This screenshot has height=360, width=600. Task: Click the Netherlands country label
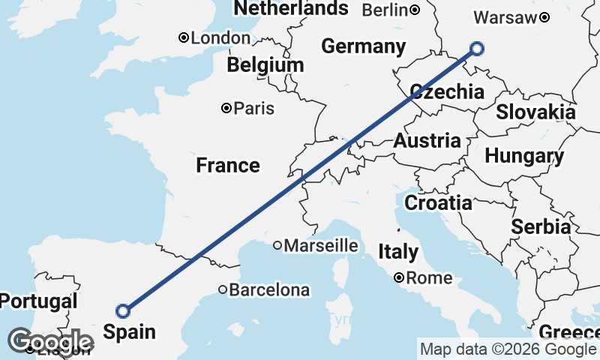pos(291,8)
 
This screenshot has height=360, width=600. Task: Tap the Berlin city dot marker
pos(415,10)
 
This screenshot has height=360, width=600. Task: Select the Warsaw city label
pos(506,17)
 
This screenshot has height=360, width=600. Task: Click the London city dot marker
pos(183,38)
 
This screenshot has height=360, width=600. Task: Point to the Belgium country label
pos(265,65)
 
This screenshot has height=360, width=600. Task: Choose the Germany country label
pos(363,46)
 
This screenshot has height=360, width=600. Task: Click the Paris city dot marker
pos(226,109)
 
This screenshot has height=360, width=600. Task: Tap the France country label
pos(228,165)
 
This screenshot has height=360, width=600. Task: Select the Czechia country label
pos(446,92)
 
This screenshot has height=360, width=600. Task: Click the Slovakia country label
pos(535,112)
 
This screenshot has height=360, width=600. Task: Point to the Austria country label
pos(427,141)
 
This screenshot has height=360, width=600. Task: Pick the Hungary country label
pos(524,157)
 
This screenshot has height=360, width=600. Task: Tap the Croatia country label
pos(438,202)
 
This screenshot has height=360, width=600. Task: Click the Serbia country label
pos(541,226)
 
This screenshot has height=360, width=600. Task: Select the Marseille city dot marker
pos(277,245)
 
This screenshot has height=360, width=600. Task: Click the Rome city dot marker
pos(400,278)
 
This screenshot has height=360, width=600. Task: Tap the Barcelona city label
pos(269,289)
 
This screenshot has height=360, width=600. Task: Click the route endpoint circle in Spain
pos(124,310)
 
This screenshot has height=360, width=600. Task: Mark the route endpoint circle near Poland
pos(477,49)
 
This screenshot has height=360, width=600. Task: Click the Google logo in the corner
pos(50,342)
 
